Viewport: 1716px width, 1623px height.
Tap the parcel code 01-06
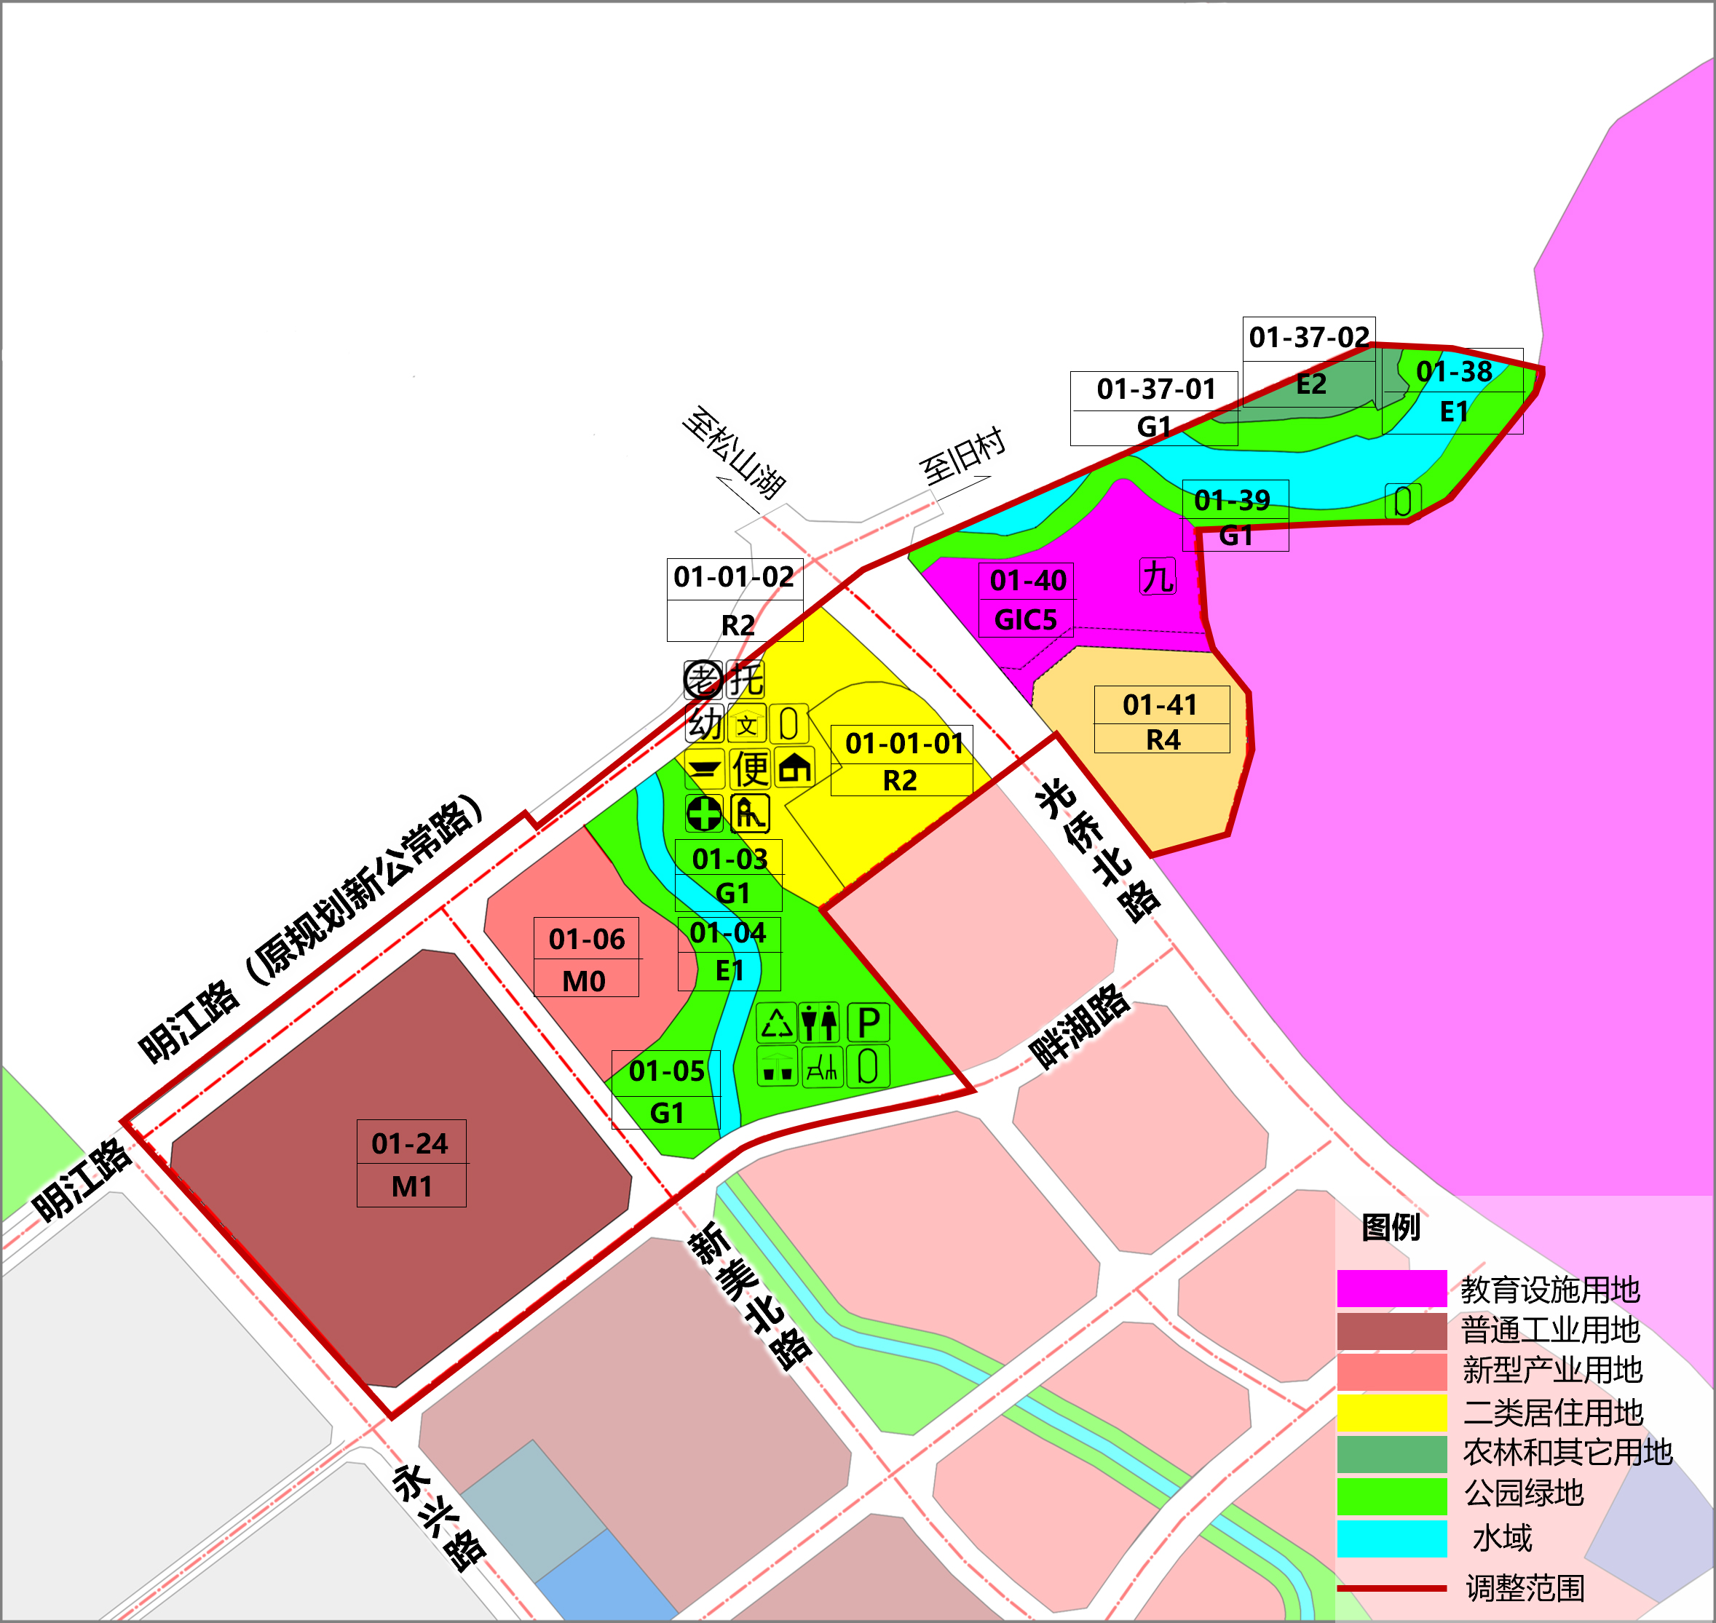tap(586, 939)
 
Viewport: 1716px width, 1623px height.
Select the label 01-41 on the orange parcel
tap(1160, 705)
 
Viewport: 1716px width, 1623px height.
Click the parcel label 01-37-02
tap(1308, 336)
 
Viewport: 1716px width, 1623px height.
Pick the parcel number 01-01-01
tap(904, 743)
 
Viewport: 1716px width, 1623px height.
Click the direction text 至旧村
tap(962, 455)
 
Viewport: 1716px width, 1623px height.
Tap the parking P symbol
tap(868, 1023)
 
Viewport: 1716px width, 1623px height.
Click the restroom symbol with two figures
tap(818, 1023)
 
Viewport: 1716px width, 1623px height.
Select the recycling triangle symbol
tap(776, 1023)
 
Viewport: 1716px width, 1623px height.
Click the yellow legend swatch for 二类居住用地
tap(1391, 1413)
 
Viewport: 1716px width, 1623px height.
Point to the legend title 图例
tap(1391, 1227)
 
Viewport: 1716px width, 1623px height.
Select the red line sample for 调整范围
tap(1391, 1588)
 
